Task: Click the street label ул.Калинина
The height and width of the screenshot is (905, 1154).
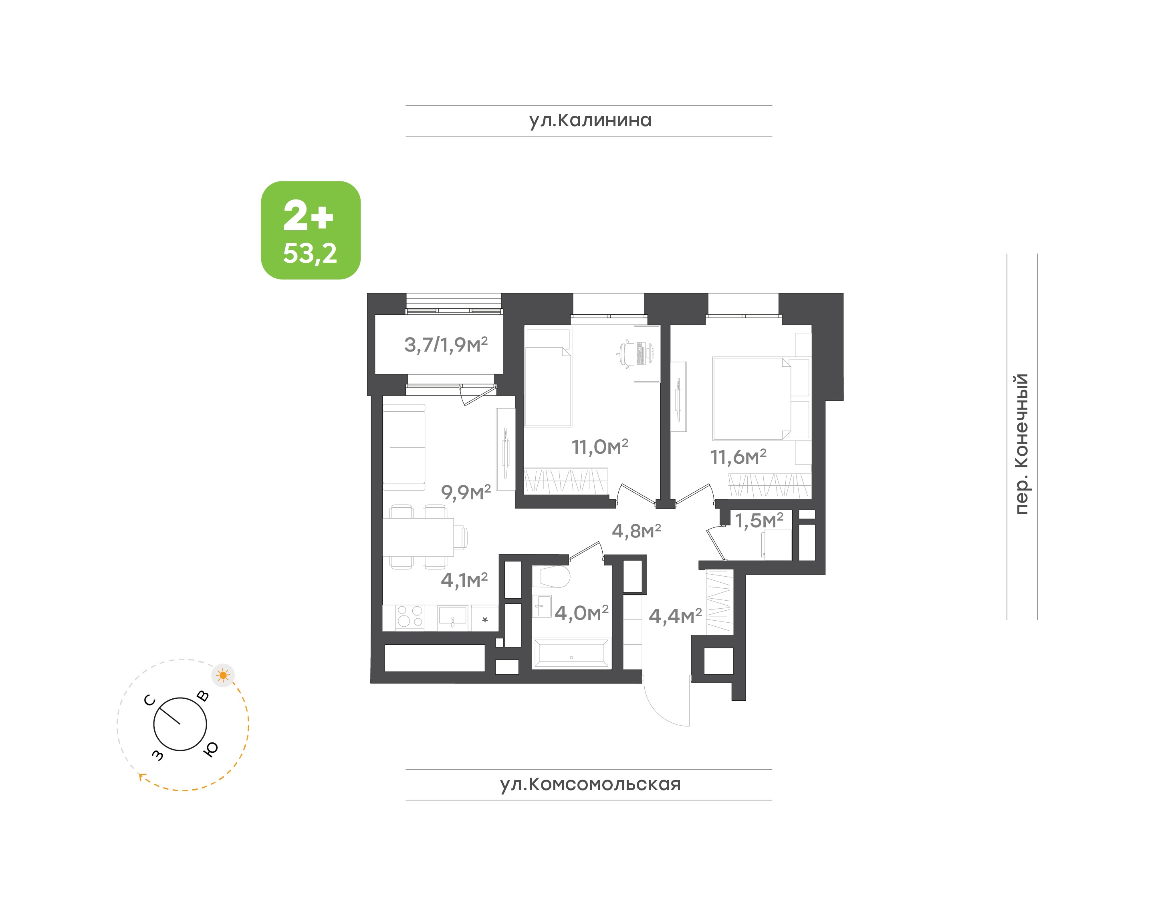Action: (589, 120)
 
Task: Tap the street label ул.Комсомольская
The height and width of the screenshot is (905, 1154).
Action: (589, 784)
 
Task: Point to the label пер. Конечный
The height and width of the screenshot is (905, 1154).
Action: (1021, 444)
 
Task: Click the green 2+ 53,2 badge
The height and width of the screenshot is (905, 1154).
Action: (311, 230)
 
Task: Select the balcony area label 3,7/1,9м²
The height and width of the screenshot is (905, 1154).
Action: (446, 344)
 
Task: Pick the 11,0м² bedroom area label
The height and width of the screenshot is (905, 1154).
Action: (599, 446)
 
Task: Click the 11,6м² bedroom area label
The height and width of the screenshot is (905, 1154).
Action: (738, 457)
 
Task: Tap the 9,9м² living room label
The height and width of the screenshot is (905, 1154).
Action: (466, 492)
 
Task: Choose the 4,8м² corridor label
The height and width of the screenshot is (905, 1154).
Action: (636, 531)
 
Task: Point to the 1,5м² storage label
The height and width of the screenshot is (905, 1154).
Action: (759, 520)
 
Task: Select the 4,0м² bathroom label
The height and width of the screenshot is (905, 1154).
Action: (581, 613)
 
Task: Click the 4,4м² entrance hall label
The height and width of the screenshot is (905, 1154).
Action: (675, 616)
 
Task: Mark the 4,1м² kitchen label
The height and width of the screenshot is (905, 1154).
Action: (464, 580)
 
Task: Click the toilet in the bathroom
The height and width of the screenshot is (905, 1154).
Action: (551, 577)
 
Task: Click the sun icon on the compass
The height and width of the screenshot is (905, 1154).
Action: (223, 676)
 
